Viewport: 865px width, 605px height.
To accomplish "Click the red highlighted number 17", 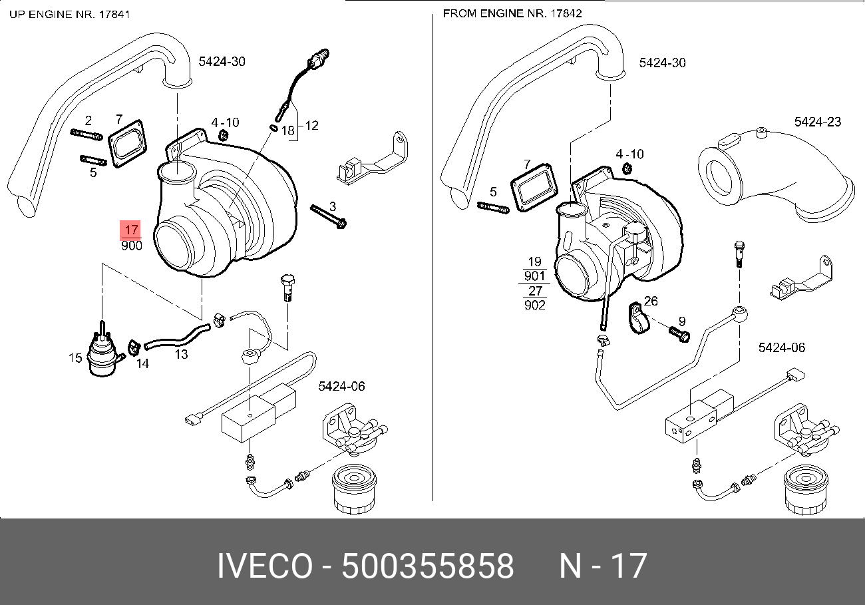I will (x=130, y=230).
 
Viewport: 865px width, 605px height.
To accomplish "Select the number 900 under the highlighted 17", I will (x=131, y=246).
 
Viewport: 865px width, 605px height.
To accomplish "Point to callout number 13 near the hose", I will (x=181, y=355).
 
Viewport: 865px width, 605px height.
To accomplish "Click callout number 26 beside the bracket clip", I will (x=650, y=302).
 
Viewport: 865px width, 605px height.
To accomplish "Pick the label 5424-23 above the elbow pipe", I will (x=817, y=122).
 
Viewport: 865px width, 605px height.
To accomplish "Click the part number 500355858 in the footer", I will (x=427, y=566).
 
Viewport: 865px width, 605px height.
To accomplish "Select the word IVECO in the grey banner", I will (x=264, y=566).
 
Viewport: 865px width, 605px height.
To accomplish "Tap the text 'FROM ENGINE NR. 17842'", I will (x=504, y=13).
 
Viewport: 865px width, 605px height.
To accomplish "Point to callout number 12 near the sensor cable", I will (x=311, y=124).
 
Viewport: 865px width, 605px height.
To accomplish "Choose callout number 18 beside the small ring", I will (x=287, y=131).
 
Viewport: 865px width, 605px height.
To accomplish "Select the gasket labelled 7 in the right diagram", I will (x=534, y=189).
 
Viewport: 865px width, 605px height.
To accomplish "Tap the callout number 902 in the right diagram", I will (x=534, y=305).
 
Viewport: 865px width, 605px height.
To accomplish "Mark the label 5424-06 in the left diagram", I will (x=342, y=386).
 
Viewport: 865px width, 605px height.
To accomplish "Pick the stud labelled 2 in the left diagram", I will (x=85, y=136).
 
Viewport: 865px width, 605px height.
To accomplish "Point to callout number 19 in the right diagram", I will (x=535, y=262).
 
